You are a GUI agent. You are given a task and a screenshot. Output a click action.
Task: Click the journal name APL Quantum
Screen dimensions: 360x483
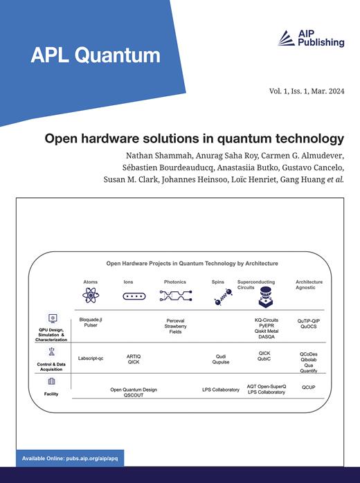95,55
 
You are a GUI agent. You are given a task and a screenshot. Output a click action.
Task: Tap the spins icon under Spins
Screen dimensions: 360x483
220,298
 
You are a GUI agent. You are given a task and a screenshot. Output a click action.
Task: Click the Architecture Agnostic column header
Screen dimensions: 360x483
309,285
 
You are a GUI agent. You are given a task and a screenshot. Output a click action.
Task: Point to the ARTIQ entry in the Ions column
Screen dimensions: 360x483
134,355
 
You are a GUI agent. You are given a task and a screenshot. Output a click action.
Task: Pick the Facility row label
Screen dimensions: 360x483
52,394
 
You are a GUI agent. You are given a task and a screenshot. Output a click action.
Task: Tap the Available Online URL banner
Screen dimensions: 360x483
73,459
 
